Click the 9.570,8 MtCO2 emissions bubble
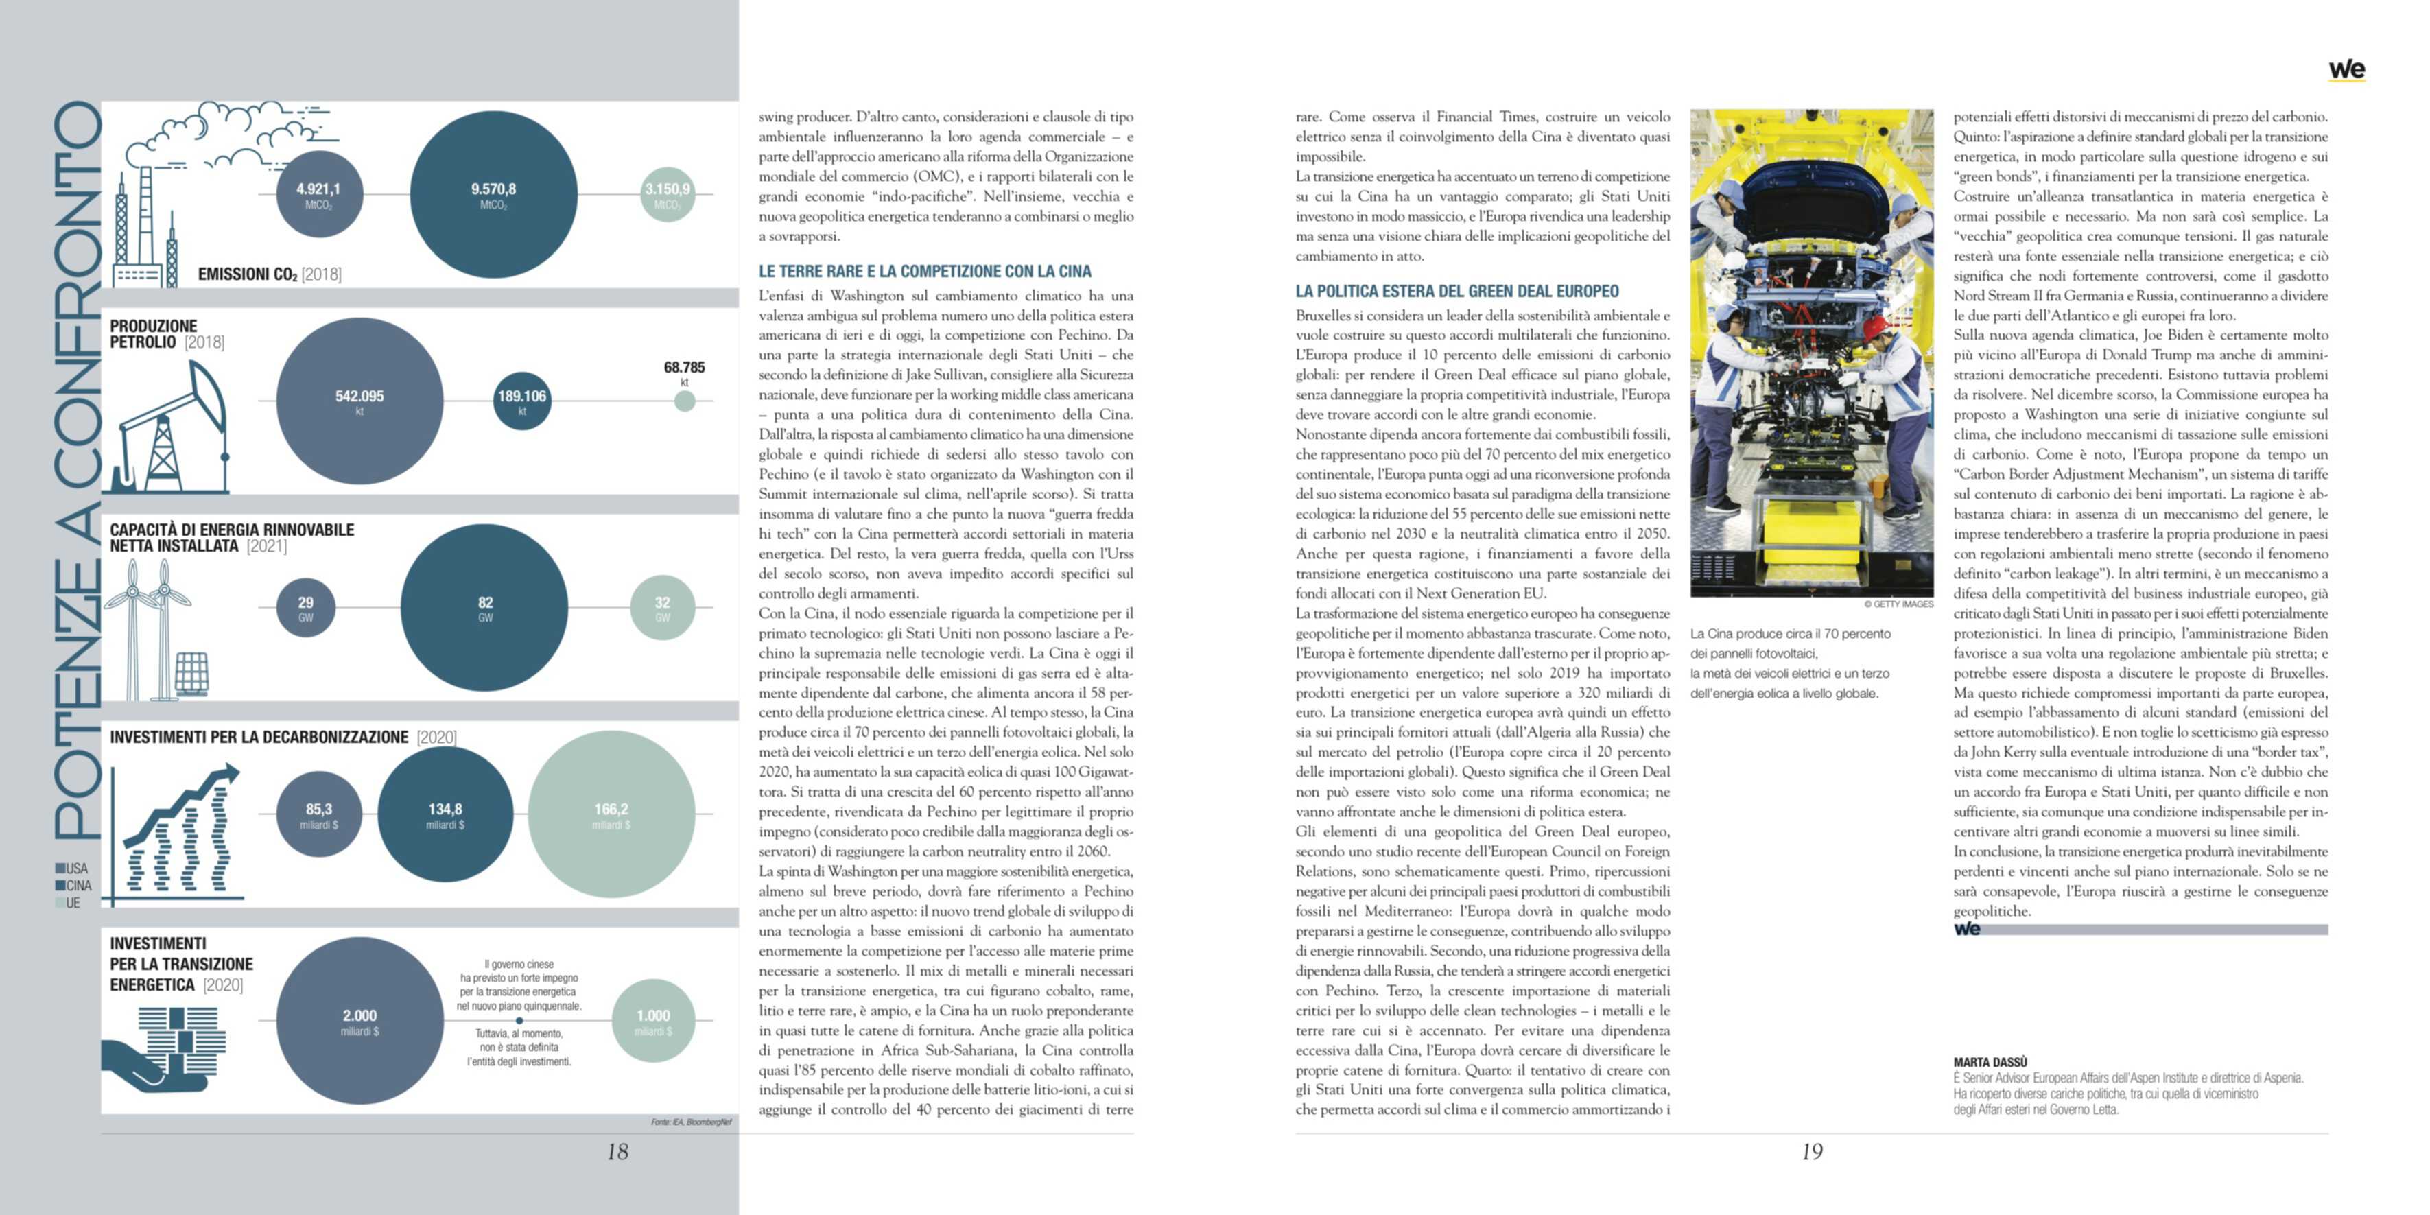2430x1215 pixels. pos(493,194)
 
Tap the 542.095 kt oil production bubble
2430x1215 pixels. pos(359,401)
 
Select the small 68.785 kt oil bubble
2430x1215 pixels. pos(685,401)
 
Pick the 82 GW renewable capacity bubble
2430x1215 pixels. pos(485,608)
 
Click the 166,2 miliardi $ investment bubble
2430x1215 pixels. pos(611,814)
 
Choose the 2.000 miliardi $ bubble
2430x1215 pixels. pos(359,1021)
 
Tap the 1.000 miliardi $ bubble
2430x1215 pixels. pos(653,1021)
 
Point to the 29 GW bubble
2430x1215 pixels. pos(306,608)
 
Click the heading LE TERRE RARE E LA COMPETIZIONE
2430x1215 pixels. pos(925,272)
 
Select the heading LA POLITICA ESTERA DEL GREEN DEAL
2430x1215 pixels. pos(1456,292)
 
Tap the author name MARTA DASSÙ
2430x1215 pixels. pos(1990,1062)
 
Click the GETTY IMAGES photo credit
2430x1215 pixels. pos(1898,604)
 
